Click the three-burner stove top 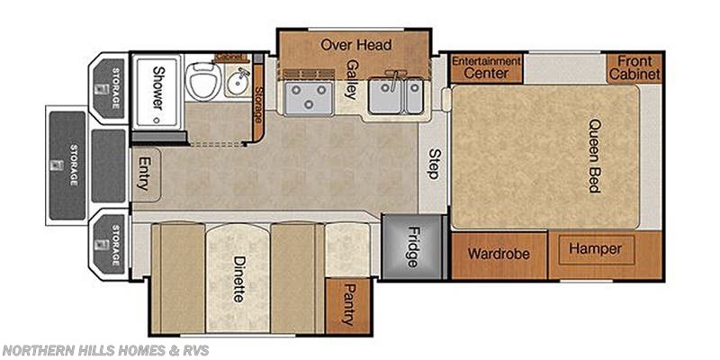[308, 96]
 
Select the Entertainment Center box [486, 67]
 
